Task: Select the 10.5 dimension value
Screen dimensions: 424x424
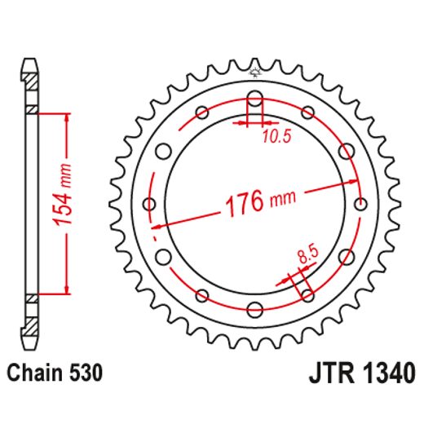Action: point(273,138)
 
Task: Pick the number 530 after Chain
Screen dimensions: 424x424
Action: point(86,374)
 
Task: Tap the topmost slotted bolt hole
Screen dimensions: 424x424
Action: point(254,104)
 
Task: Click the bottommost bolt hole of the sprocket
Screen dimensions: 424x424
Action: point(254,308)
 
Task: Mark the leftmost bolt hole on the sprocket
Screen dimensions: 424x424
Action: point(149,204)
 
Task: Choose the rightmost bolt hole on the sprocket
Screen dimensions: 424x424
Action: point(360,204)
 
